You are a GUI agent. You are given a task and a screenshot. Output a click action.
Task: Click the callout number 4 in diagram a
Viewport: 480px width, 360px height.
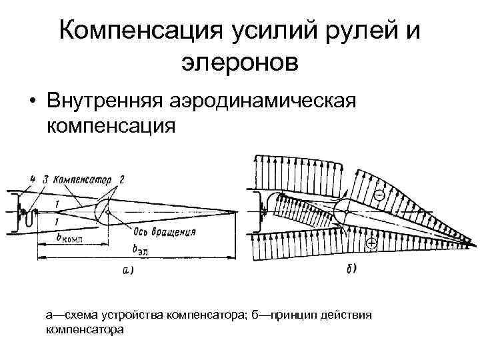[31, 179]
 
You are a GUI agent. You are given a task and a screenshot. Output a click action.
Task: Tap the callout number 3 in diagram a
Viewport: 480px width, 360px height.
[45, 179]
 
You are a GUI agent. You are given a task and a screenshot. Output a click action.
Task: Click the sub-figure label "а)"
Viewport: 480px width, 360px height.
[127, 269]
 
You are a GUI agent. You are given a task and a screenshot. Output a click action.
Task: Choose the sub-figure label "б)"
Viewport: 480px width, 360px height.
[351, 268]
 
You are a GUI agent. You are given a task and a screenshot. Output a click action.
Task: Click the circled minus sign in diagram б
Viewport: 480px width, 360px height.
[378, 196]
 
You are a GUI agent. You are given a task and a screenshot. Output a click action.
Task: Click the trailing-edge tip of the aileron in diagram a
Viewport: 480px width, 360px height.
[235, 212]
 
